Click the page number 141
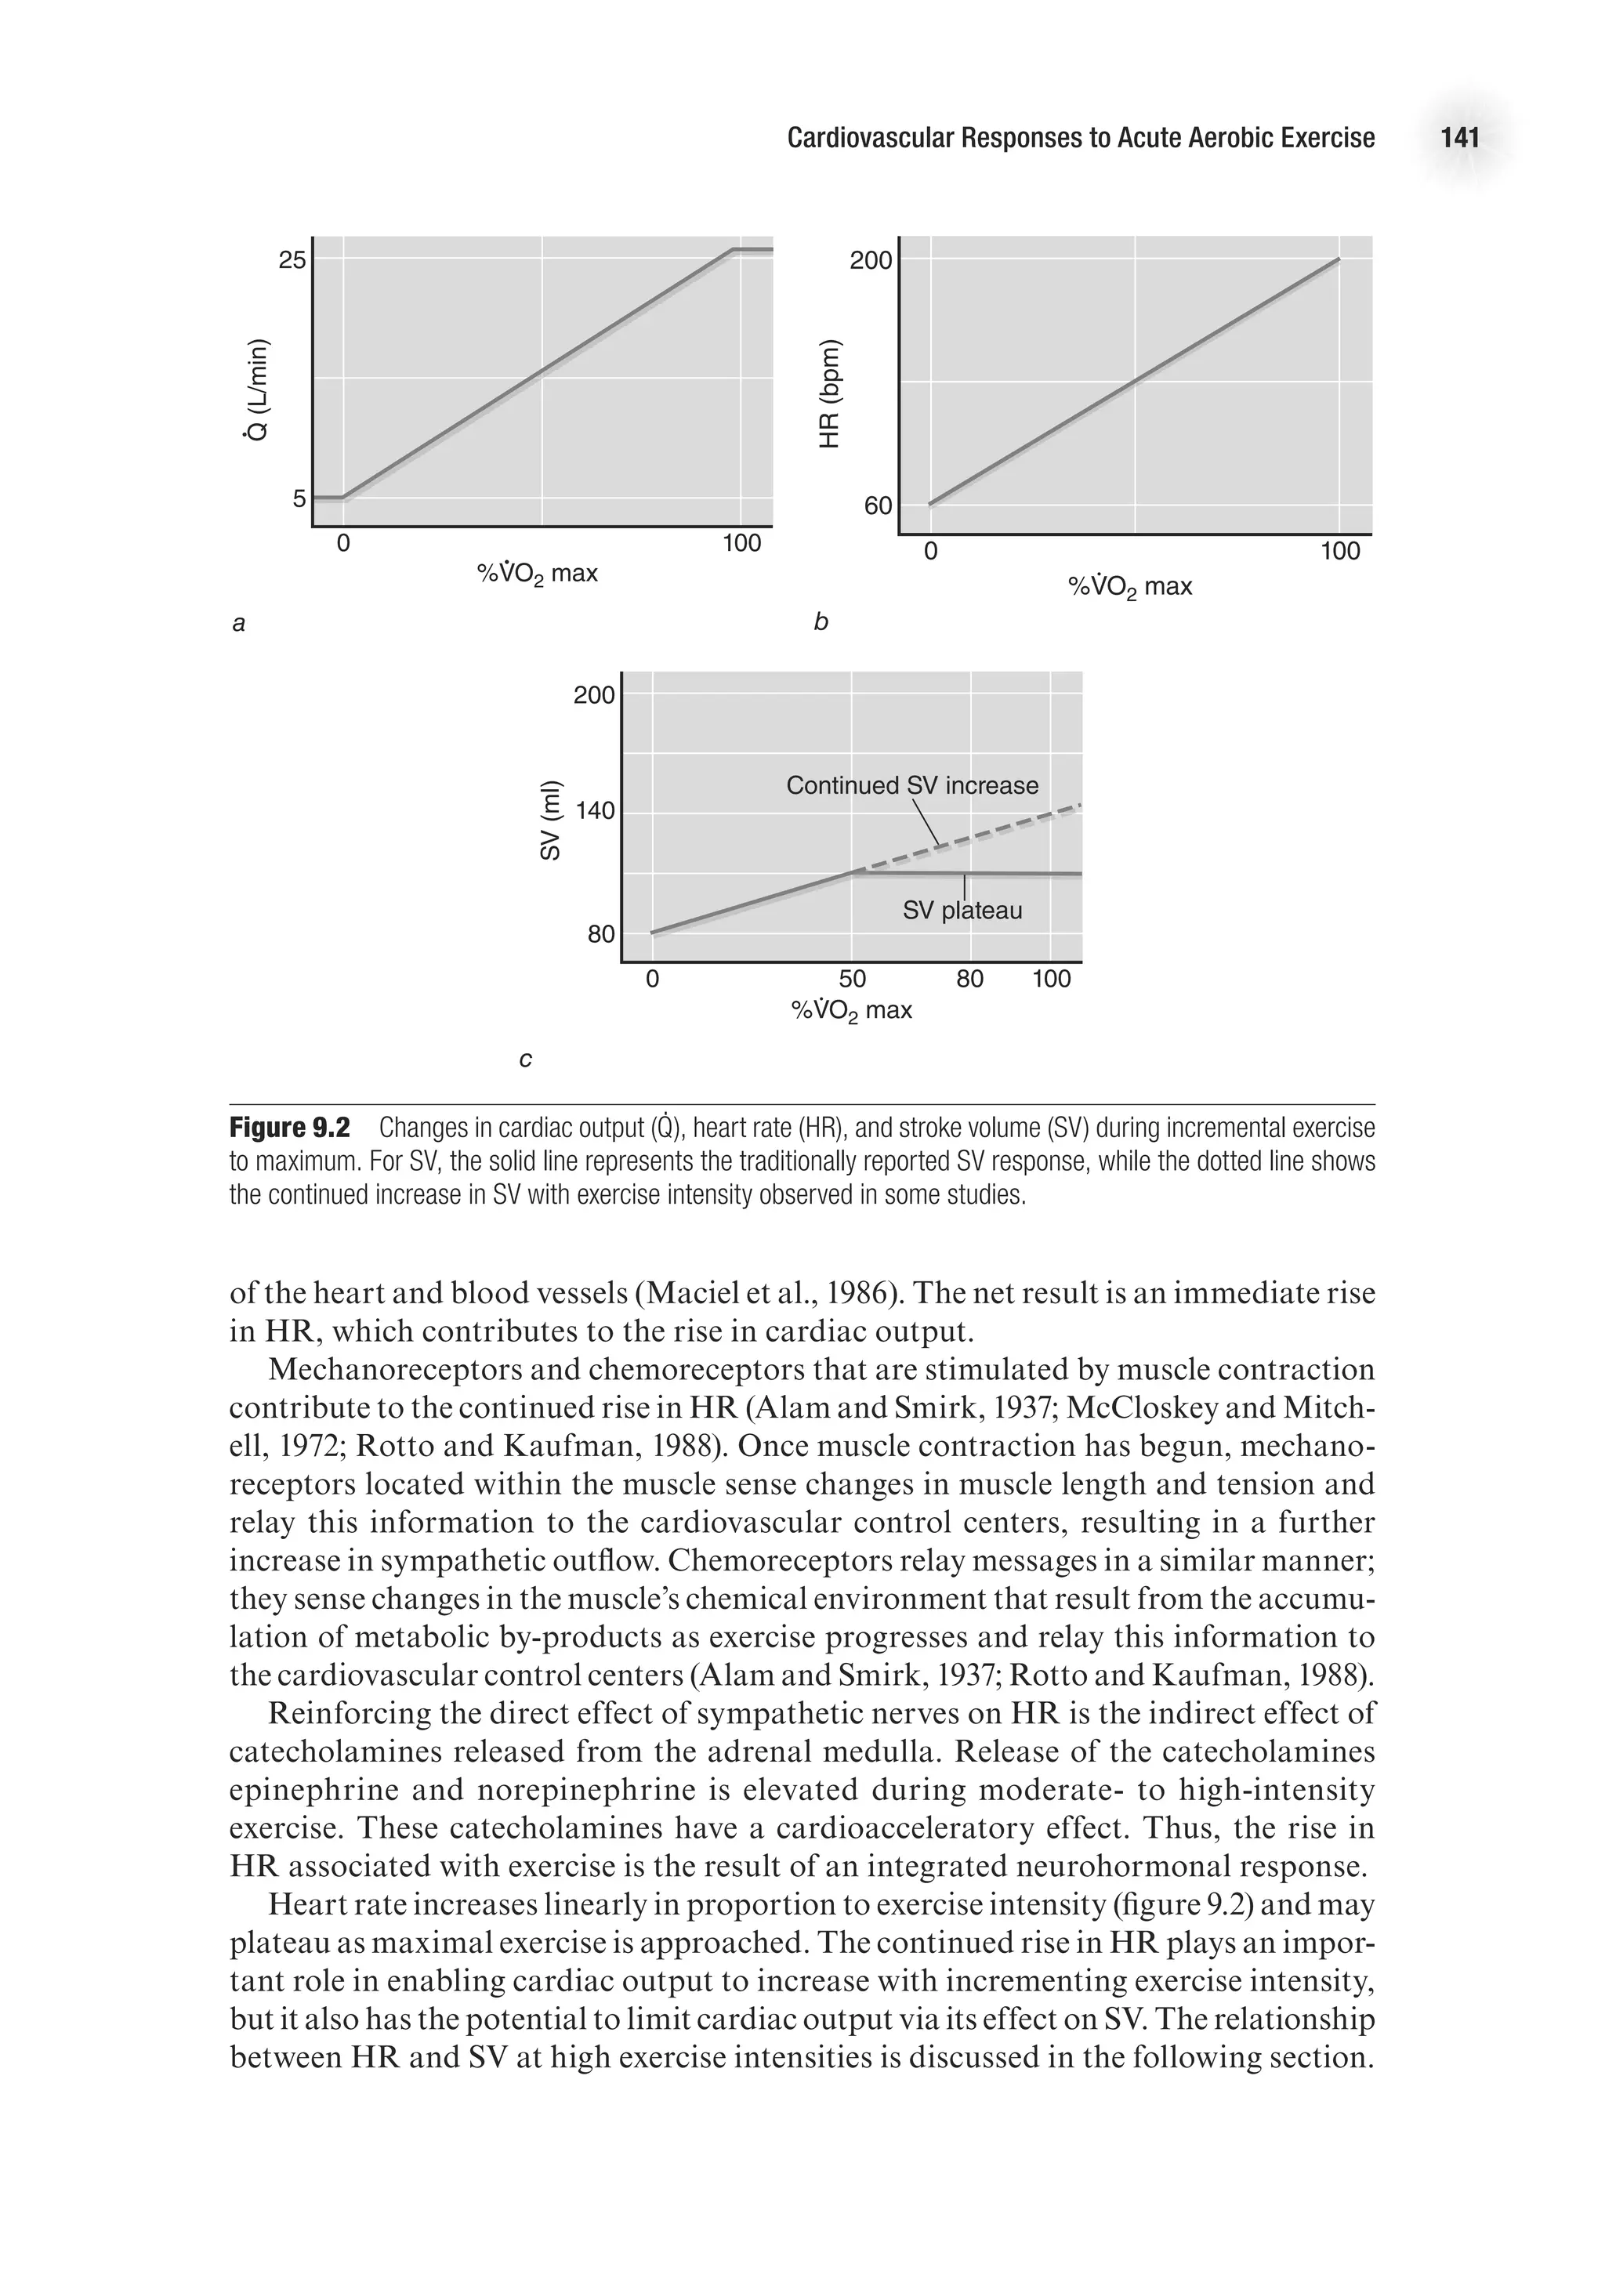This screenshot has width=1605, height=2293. [x=1459, y=138]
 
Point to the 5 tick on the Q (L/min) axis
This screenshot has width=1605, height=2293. [x=299, y=498]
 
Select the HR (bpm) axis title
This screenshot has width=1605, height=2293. [x=830, y=396]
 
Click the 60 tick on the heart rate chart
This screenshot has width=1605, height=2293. [x=877, y=506]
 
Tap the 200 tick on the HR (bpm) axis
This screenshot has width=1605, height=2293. [x=870, y=262]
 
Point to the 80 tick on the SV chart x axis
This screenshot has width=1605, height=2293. [x=969, y=979]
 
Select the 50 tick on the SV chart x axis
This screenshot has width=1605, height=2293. [x=852, y=979]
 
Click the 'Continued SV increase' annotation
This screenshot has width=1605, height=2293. [x=912, y=786]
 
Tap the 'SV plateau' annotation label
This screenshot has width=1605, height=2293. [x=962, y=911]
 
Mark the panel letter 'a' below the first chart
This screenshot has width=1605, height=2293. [x=239, y=624]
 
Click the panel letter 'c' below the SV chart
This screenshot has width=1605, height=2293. [x=525, y=1059]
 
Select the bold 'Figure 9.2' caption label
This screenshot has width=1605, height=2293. [x=290, y=1128]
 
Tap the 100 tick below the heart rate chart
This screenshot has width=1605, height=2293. [x=1339, y=551]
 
